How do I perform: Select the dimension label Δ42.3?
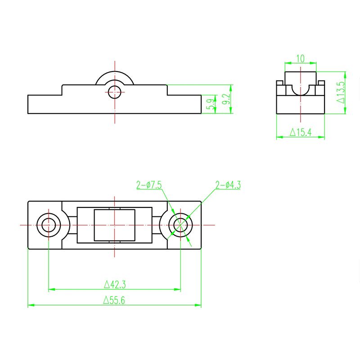pos(114,284)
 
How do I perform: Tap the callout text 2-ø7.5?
pos(149,185)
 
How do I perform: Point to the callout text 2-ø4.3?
pos(228,184)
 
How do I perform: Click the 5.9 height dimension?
pos(210,105)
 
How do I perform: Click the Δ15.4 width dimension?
pos(300,132)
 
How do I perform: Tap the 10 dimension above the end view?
pos(300,58)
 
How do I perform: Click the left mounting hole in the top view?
pos(49,225)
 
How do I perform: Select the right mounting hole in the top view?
pos(180,225)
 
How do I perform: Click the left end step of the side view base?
pos(45,103)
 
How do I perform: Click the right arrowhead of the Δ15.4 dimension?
pos(322,137)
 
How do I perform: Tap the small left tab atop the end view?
pos(279,83)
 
